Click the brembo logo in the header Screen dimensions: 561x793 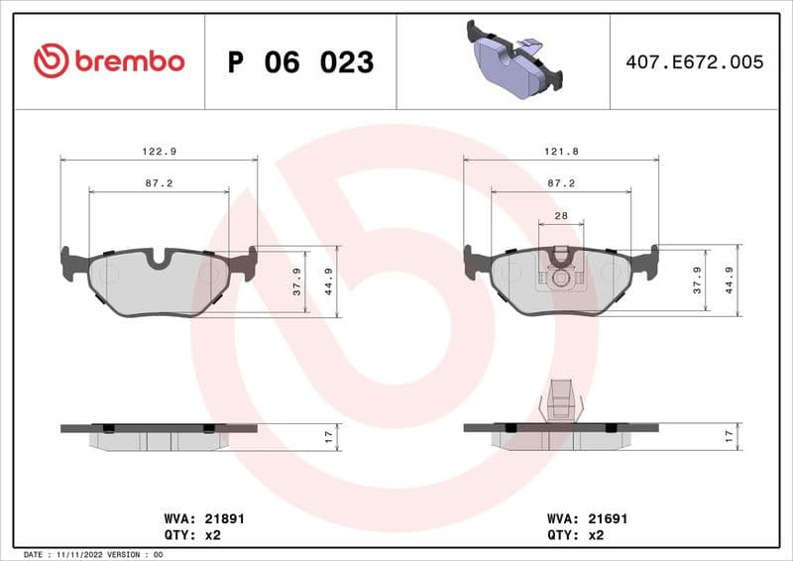pos(109,61)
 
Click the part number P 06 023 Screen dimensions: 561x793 pos(300,62)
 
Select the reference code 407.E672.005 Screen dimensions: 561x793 pos(694,62)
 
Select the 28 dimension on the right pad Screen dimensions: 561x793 pos(561,215)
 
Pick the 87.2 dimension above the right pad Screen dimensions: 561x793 pos(561,183)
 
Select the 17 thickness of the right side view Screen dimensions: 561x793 pos(730,436)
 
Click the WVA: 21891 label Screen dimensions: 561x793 pos(203,518)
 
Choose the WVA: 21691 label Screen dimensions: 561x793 pos(588,518)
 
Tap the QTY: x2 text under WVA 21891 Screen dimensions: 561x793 pos(190,534)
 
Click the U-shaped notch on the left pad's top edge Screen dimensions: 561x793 pos(159,259)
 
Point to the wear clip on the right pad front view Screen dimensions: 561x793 pos(561,268)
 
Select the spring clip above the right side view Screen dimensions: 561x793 pos(561,401)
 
